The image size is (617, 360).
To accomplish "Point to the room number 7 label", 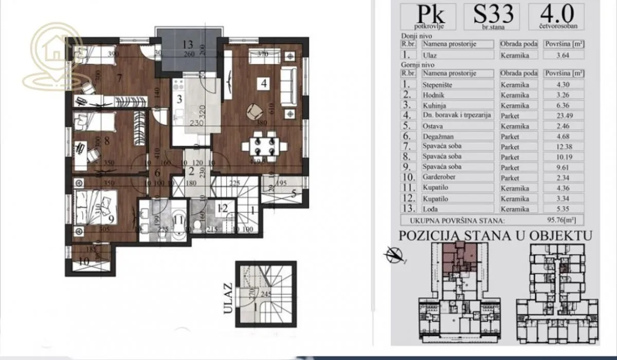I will coord(119,78).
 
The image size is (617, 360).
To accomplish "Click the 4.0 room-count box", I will coord(556,16).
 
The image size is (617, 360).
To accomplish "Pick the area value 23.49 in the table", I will coord(561,116).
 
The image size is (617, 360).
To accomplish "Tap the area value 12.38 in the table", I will coord(561,147).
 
